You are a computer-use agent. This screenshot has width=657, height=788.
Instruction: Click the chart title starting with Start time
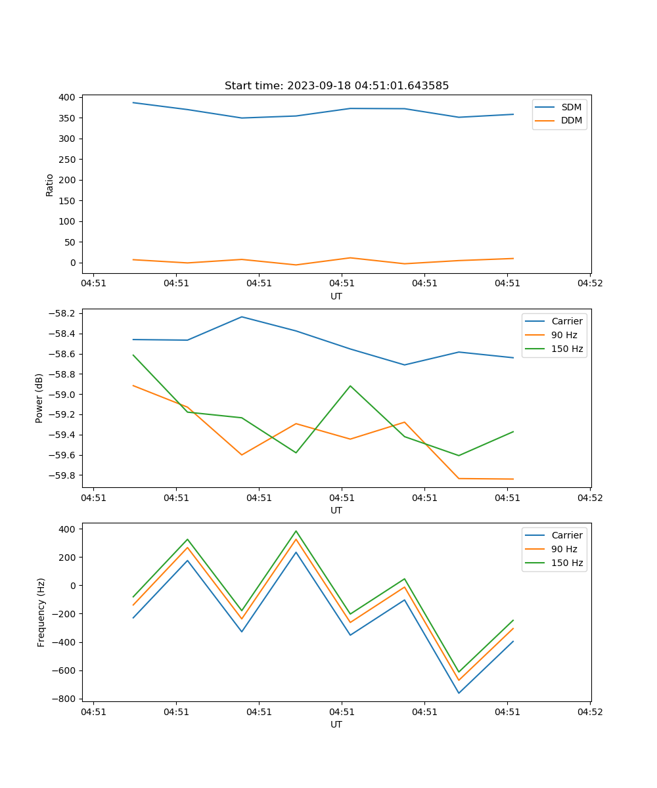tap(336, 86)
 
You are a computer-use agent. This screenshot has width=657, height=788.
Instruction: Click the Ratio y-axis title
tap(50, 185)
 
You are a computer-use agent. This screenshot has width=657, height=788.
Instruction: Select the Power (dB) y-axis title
tap(39, 398)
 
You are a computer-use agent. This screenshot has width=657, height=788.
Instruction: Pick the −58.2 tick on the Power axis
tap(63, 313)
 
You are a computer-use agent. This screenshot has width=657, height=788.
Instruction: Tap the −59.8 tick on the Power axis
tap(63, 475)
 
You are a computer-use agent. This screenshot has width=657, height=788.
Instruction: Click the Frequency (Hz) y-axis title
tap(41, 612)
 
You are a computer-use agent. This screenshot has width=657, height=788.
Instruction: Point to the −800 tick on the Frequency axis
tap(66, 699)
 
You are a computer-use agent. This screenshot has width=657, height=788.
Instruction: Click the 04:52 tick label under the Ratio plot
tap(589, 284)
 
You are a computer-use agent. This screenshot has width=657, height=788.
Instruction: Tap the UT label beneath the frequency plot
tap(336, 724)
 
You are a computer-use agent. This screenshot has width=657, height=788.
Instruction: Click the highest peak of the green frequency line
tap(296, 531)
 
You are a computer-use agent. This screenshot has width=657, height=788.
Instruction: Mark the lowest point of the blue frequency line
tap(459, 693)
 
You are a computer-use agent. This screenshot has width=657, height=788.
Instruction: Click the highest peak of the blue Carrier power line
tap(242, 317)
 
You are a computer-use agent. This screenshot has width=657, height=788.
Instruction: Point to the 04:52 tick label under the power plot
tap(589, 498)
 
